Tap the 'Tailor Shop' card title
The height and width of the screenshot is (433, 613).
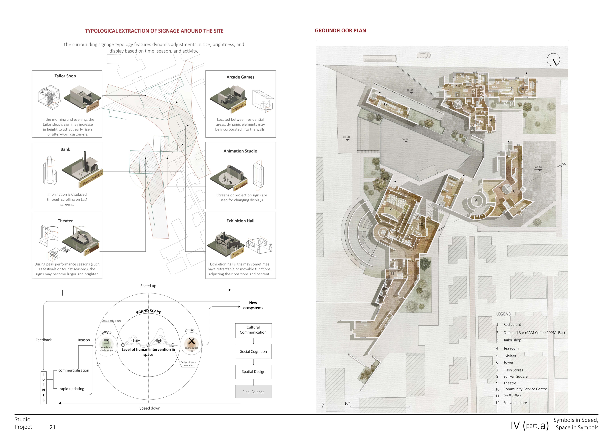click(x=65, y=76)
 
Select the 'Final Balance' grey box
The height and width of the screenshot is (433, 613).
click(x=253, y=392)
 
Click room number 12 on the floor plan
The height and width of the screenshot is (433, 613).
click(x=385, y=104)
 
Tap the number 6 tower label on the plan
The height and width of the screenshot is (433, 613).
click(x=476, y=201)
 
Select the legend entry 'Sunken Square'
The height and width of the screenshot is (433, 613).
click(x=515, y=376)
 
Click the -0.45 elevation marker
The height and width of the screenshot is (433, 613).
click(x=405, y=139)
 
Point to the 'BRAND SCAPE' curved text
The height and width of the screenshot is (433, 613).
click(x=148, y=311)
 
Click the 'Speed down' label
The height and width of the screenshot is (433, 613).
click(x=150, y=408)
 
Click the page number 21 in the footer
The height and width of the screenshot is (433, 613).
click(x=53, y=427)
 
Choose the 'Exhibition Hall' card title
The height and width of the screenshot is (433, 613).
click(x=240, y=221)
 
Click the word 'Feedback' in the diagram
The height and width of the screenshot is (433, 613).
click(x=43, y=340)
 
